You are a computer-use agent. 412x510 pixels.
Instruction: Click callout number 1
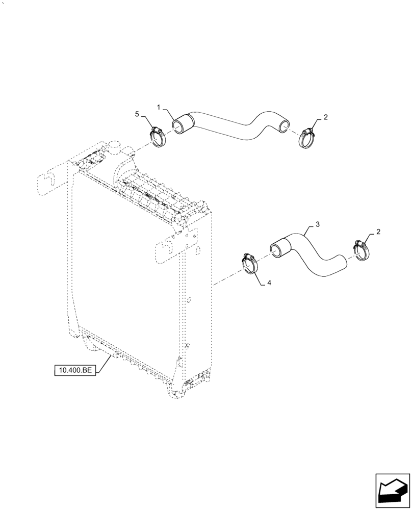tap(159, 108)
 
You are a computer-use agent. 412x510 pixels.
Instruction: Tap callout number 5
tap(137, 115)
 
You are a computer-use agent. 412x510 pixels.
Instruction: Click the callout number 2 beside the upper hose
tap(325, 117)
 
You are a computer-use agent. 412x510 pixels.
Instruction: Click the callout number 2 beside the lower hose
tap(378, 233)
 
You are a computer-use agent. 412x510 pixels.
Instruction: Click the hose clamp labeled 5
tap(159, 136)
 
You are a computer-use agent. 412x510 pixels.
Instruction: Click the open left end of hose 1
tap(178, 126)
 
